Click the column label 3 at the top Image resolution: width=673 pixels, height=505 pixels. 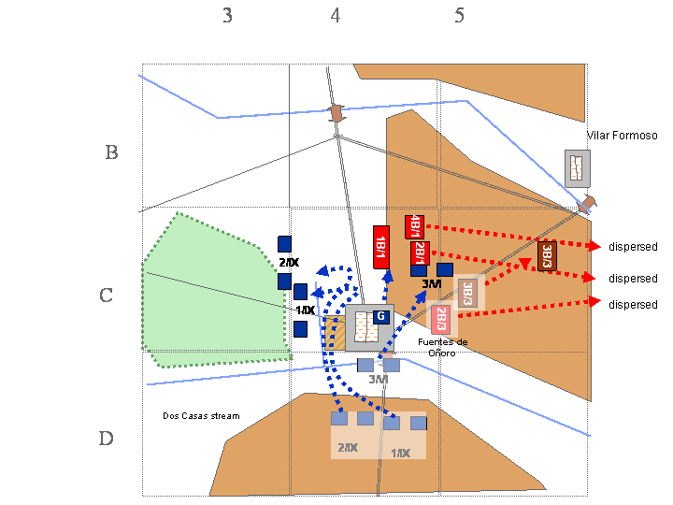point(227,16)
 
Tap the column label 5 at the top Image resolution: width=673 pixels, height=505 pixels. point(459,16)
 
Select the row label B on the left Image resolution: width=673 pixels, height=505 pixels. point(111,152)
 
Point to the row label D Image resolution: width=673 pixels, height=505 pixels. point(107,439)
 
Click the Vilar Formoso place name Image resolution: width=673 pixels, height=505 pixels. point(622,136)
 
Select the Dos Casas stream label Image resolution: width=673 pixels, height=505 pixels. point(201,415)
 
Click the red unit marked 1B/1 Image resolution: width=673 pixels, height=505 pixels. point(380,248)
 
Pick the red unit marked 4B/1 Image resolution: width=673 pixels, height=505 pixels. point(414,226)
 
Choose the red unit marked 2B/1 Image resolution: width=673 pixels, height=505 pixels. point(420,253)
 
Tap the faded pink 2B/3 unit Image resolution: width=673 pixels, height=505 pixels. point(440,318)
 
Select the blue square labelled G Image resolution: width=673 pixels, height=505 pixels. point(380,317)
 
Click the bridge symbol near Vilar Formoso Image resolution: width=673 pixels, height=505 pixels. point(588,203)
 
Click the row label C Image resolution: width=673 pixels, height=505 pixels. point(107,296)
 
